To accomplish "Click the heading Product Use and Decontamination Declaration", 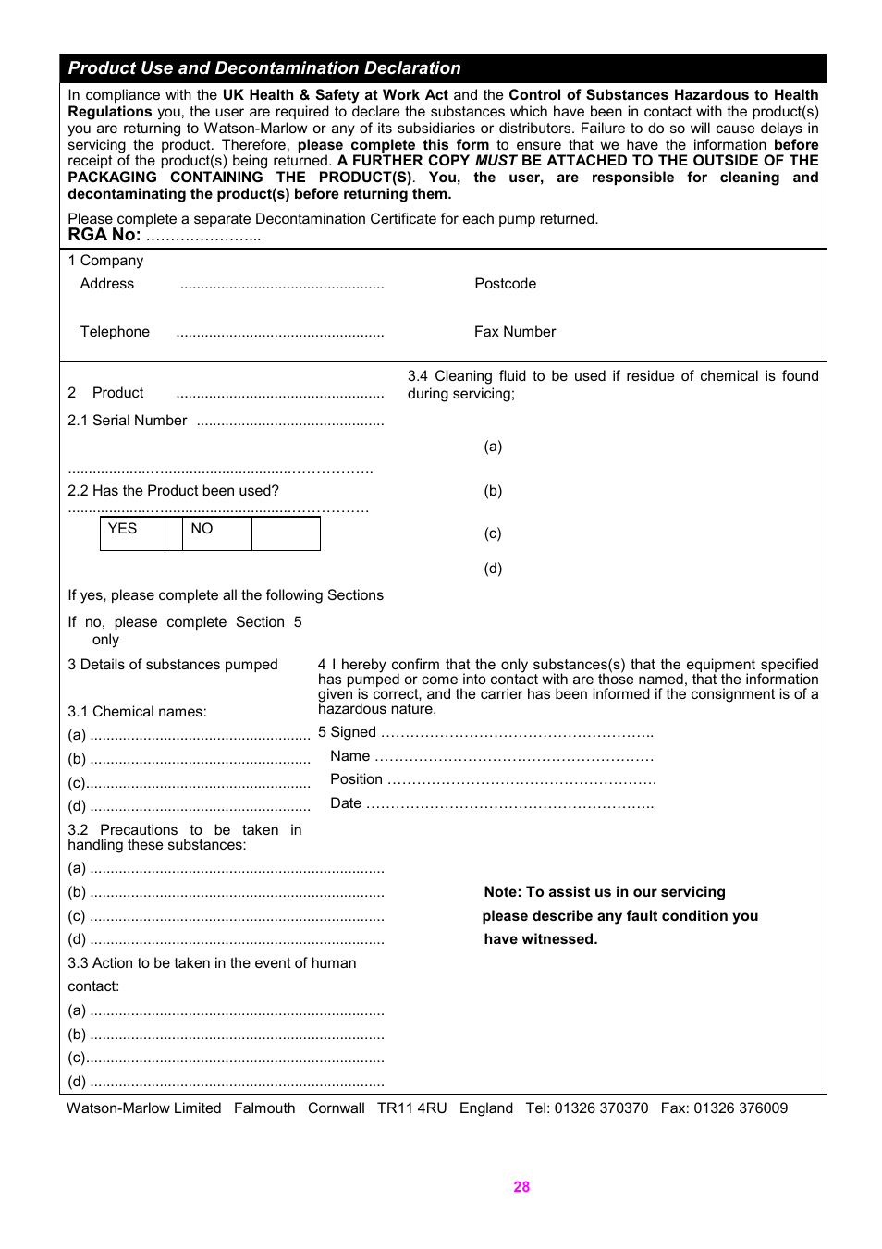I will [x=264, y=68].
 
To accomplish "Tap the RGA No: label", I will [x=104, y=235].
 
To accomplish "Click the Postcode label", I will [x=505, y=284].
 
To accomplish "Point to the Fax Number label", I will [x=515, y=332].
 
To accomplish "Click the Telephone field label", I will [x=115, y=332].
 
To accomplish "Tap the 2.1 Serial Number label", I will [x=128, y=421].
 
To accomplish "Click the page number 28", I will [x=521, y=1187].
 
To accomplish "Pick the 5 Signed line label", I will [x=347, y=732].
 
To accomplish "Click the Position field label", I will [x=356, y=779].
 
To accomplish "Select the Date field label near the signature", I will [x=346, y=803].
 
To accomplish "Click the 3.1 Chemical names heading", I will [x=137, y=712].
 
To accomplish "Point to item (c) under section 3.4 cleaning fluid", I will [x=493, y=533].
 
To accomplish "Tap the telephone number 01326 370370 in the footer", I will [x=601, y=1108].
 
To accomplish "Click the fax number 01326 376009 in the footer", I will [x=741, y=1108].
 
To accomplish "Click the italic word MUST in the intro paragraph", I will [x=496, y=161].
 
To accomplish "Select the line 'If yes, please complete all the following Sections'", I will [x=226, y=595].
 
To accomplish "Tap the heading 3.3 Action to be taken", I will [x=212, y=963].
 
